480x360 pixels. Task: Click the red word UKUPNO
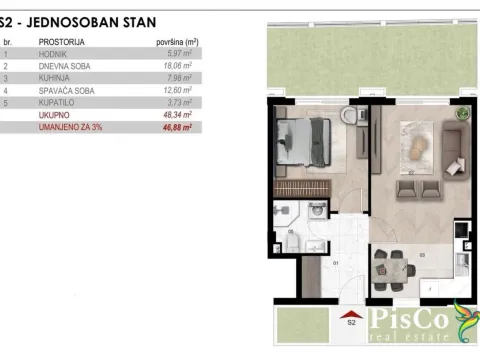click(x=52, y=115)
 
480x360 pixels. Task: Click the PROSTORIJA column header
click(x=61, y=42)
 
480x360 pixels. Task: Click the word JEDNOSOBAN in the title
click(x=81, y=19)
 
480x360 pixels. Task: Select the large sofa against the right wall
click(x=451, y=155)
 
